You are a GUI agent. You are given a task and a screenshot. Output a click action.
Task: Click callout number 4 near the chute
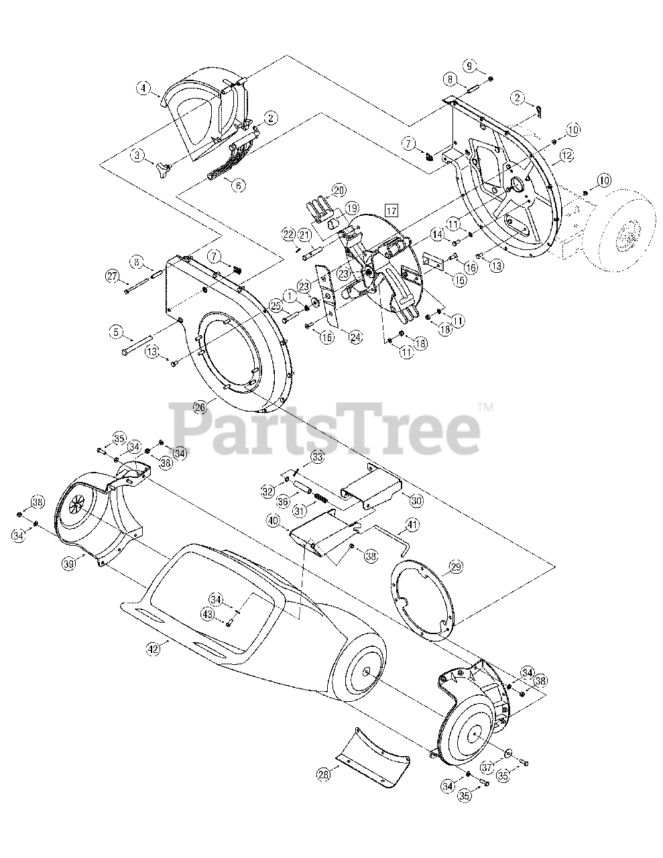pos(142,87)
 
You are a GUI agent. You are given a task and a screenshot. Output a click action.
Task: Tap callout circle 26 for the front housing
pos(200,406)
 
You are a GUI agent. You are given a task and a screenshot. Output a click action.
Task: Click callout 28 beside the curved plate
pos(324,775)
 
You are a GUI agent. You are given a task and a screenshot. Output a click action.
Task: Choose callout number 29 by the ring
pos(455,567)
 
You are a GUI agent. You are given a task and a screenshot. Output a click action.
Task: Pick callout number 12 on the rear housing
pos(566,155)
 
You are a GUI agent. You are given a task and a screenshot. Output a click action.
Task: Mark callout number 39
pos(68,565)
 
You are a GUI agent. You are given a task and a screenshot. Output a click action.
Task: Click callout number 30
pos(416,499)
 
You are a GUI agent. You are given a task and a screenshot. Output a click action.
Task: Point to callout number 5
pos(117,330)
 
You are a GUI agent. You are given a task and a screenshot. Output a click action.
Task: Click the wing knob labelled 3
pos(165,164)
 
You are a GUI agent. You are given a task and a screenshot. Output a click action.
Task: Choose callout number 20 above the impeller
pos(337,190)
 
